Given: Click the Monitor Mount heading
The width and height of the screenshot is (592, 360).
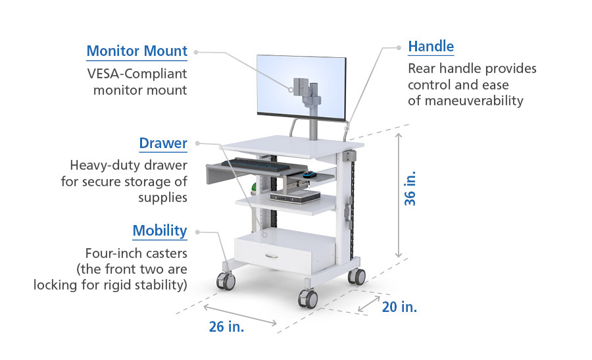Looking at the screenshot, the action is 137,51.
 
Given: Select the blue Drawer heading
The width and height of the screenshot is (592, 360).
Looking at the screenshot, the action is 163,143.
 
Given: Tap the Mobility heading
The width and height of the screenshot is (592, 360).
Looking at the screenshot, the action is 160,231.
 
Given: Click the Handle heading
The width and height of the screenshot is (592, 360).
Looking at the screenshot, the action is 431,47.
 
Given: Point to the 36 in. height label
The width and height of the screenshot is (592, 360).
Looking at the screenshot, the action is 410,188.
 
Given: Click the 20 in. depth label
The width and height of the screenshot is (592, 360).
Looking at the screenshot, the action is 399,307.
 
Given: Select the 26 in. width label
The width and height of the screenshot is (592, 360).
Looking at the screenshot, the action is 226,326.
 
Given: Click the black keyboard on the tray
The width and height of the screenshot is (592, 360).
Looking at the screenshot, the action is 256,165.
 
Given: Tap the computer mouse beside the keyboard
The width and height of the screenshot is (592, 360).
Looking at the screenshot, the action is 310,174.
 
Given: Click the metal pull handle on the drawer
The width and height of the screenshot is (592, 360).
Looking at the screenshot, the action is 272,256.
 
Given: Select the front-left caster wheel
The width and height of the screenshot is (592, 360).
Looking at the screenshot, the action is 226,281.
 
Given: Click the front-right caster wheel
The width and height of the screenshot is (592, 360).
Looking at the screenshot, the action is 308,299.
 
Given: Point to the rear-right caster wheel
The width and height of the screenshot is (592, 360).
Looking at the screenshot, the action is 357,276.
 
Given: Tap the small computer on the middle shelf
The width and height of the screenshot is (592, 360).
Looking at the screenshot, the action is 295,196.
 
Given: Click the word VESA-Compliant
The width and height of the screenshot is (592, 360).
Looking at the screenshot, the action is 137,74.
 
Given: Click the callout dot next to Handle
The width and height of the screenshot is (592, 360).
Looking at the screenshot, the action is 399,47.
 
